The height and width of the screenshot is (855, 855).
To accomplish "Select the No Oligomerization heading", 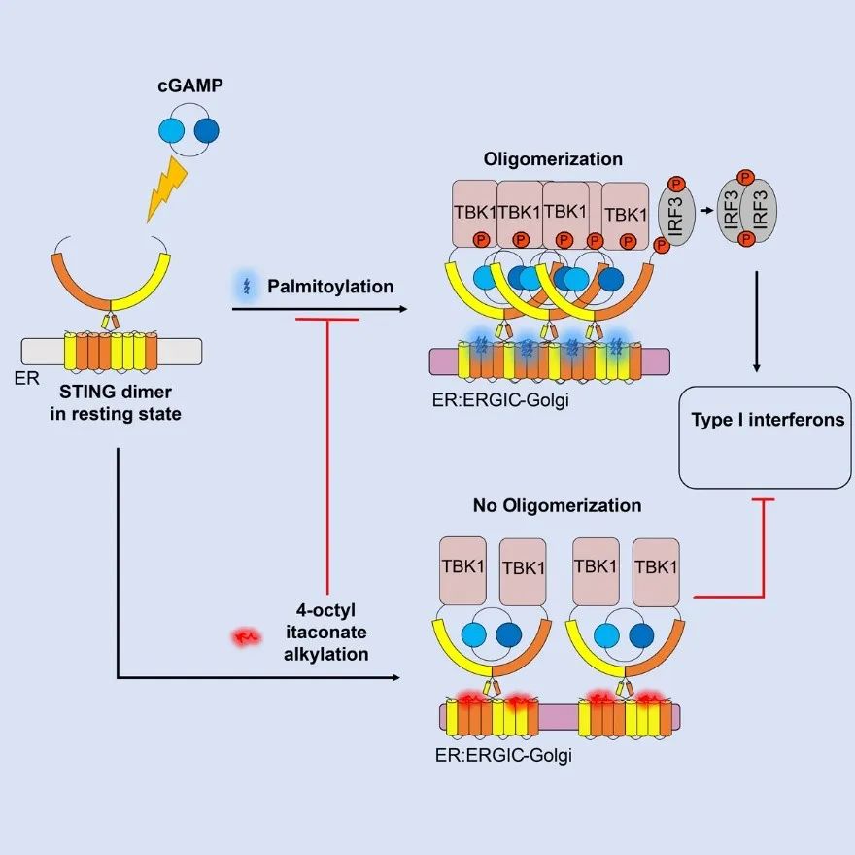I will pos(557,506).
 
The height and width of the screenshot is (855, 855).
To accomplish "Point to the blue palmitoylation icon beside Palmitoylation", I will pos(244,287).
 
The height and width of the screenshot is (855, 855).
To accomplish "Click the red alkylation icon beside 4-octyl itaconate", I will pos(246,637).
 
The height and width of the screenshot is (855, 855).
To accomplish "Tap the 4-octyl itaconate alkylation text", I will pos(331,633).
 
